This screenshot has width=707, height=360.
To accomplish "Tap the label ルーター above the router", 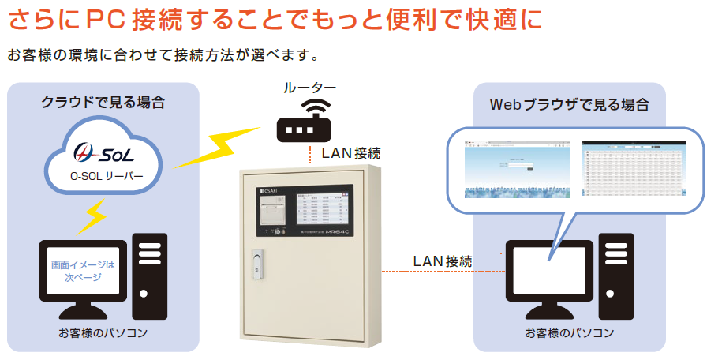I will click(310, 87).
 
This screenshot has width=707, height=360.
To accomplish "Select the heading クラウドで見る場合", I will click(103, 101).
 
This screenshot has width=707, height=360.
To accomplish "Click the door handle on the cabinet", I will click(255, 264).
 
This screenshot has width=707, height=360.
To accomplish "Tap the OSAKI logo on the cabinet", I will click(270, 190).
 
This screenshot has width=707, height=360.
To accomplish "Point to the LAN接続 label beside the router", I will click(351, 153).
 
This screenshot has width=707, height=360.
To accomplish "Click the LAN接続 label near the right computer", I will click(443, 261).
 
